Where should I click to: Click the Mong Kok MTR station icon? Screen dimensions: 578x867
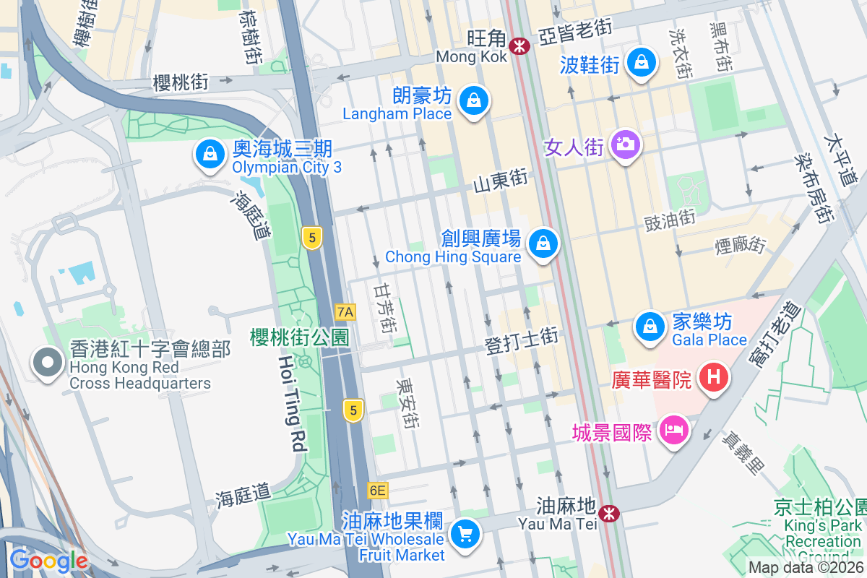pyautogui.click(x=519, y=46)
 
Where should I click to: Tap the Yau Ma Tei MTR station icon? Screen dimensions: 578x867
pyautogui.click(x=611, y=514)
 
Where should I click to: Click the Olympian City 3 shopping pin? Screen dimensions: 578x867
pyautogui.click(x=209, y=154)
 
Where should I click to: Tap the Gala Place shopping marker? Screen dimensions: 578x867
pyautogui.click(x=650, y=327)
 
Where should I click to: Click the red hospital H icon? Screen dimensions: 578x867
pyautogui.click(x=714, y=377)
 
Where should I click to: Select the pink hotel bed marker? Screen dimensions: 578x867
pyautogui.click(x=673, y=431)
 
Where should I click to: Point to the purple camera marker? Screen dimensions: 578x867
pyautogui.click(x=626, y=144)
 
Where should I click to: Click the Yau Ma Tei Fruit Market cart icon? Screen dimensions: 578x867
pyautogui.click(x=464, y=535)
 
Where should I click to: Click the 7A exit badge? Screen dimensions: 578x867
pyautogui.click(x=345, y=312)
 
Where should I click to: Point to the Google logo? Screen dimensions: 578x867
pyautogui.click(x=48, y=561)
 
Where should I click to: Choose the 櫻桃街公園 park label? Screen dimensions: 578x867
pyautogui.click(x=299, y=337)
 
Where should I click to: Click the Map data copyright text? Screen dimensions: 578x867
pyautogui.click(x=806, y=568)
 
